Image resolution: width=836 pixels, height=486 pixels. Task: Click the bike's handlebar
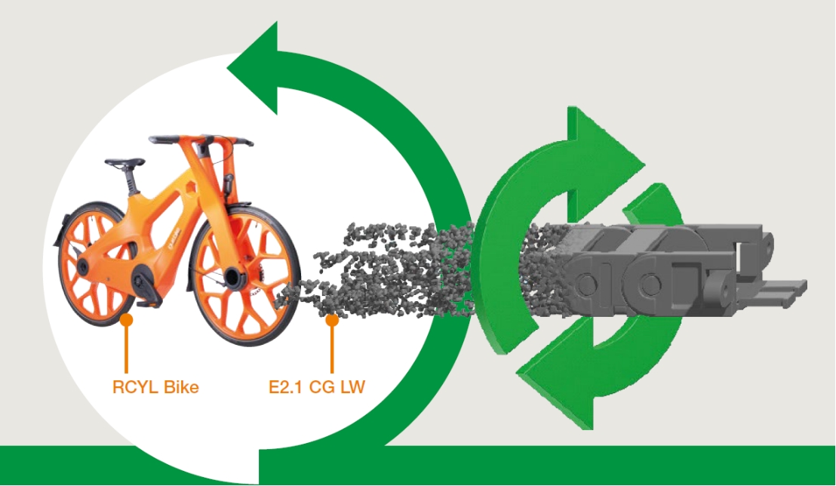pos(201,140)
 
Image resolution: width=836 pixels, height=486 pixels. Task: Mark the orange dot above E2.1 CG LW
pos(330,320)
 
